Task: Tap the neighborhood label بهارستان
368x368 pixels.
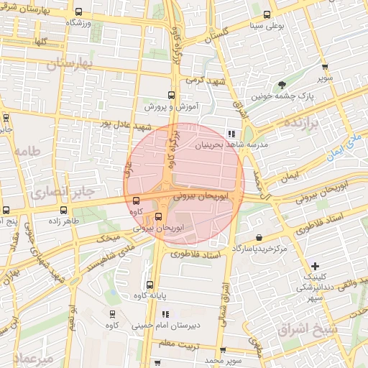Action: (70, 64)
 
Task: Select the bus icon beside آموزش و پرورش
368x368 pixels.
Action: (170, 95)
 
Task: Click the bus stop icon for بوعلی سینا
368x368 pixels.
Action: (267, 14)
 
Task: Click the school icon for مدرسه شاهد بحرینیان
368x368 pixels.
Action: (230, 133)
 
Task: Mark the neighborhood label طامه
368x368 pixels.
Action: (26, 151)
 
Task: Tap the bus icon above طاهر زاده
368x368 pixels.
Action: (65, 211)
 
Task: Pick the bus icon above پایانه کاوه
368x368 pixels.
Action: (149, 285)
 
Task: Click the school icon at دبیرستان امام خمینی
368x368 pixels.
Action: (165, 314)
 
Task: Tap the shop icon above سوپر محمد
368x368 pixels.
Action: (223, 349)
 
